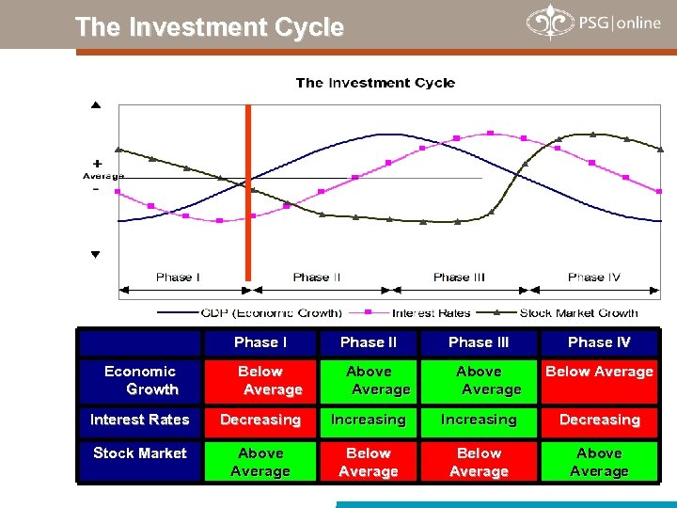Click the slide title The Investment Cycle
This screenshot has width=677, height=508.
pyautogui.click(x=209, y=27)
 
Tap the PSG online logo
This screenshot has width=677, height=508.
pyautogui.click(x=593, y=24)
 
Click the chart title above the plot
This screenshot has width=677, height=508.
pyautogui.click(x=375, y=83)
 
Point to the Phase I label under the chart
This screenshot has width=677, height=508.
pyautogui.click(x=178, y=277)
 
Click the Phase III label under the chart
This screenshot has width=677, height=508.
pyautogui.click(x=459, y=277)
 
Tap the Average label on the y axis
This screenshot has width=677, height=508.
pyautogui.click(x=102, y=176)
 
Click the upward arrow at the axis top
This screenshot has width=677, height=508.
pyautogui.click(x=95, y=105)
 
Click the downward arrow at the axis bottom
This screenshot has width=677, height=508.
pyautogui.click(x=95, y=255)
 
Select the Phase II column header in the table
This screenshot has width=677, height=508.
pyautogui.click(x=369, y=342)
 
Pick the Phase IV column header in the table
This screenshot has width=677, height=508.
pyautogui.click(x=599, y=342)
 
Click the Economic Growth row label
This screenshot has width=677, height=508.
pyautogui.click(x=140, y=380)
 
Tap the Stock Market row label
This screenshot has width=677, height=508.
pyautogui.click(x=140, y=453)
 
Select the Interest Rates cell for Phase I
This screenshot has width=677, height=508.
pyautogui.click(x=260, y=420)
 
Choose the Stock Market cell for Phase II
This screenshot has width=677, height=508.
pyautogui.click(x=369, y=462)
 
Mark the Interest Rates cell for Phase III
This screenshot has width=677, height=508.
pyautogui.click(x=479, y=420)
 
